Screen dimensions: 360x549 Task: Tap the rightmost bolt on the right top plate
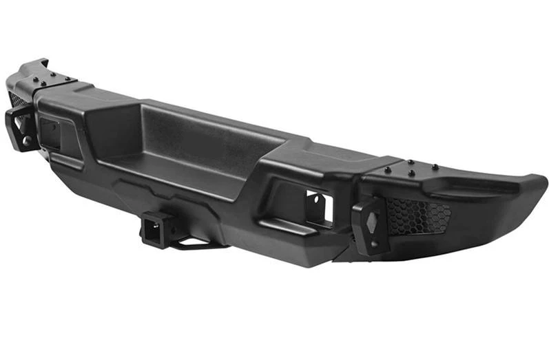[x=435, y=167]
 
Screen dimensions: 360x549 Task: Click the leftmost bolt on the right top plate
[x=386, y=169]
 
